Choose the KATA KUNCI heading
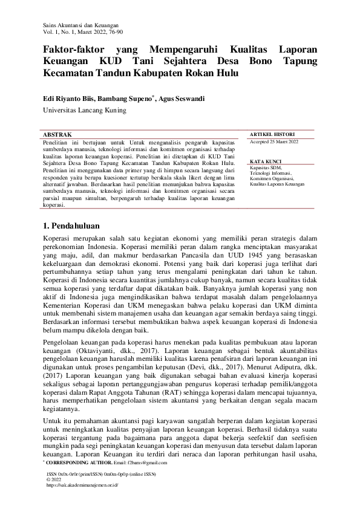[264, 162]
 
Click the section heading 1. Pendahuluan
[73, 225]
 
